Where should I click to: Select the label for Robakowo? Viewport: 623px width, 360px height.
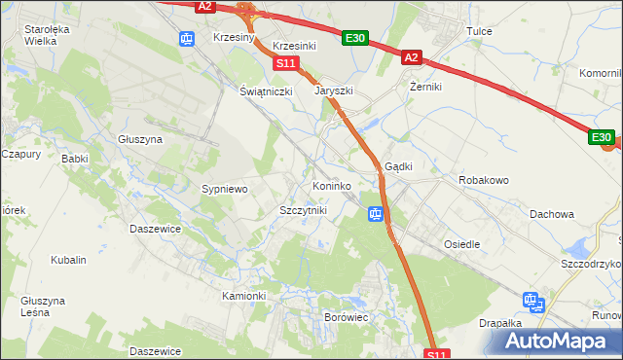coord(484,180)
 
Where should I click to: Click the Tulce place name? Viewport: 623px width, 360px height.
coord(479,31)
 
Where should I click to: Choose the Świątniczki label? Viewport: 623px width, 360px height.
coord(267,90)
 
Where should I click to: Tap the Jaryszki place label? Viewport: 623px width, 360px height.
coord(333,90)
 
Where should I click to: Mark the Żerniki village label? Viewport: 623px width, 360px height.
coord(425,87)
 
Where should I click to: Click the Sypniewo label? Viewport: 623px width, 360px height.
coord(225,188)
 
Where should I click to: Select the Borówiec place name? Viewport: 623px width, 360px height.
coord(346,317)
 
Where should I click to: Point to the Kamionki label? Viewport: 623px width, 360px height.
coord(243,295)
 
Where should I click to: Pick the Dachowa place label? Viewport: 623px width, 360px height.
coord(552,213)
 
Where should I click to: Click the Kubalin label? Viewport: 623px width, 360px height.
coord(69,260)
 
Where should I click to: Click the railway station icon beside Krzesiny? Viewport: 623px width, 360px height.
coord(187,38)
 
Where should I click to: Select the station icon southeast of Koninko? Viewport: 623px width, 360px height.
coord(375,213)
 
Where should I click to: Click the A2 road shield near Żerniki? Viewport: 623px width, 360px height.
coord(411,58)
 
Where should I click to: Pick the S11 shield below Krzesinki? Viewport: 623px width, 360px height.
coord(284,63)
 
